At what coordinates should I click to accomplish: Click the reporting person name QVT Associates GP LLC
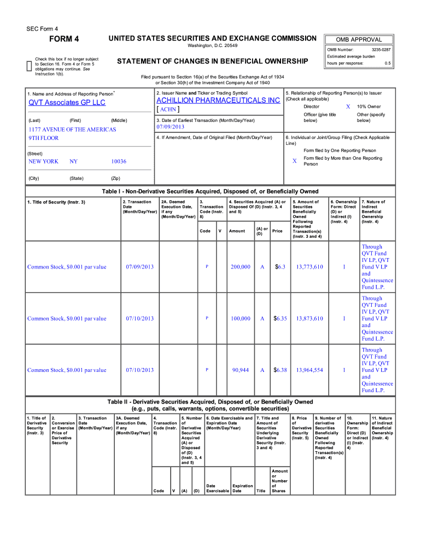[67, 103]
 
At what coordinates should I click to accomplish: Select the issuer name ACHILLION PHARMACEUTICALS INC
[218, 101]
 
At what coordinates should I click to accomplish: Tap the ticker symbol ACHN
[168, 109]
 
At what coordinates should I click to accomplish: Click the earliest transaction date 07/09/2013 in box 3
[171, 127]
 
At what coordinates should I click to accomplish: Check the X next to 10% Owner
[348, 107]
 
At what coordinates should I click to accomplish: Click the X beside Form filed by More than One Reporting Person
[294, 161]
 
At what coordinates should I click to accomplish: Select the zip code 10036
[119, 162]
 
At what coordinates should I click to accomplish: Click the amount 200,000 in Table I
[241, 267]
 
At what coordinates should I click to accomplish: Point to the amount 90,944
[241, 370]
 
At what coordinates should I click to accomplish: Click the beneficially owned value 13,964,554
[309, 370]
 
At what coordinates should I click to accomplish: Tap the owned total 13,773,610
[309, 267]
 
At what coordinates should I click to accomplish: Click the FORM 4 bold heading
[64, 39]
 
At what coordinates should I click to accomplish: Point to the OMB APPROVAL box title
[359, 39]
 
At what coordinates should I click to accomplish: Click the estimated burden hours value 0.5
[388, 63]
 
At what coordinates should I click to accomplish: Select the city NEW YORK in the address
[43, 162]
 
